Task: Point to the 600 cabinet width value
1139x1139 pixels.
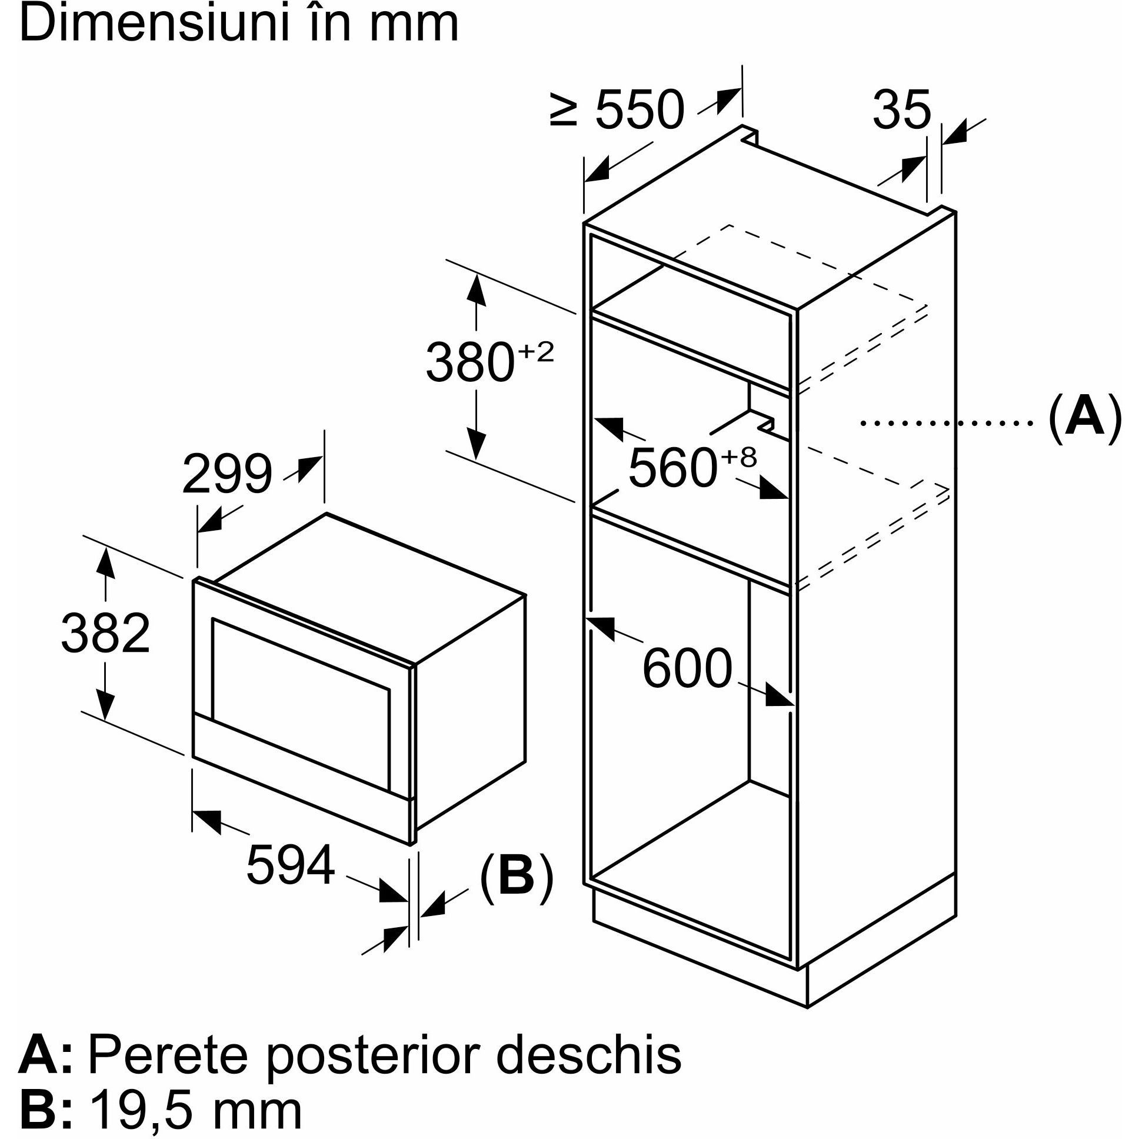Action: coord(687,668)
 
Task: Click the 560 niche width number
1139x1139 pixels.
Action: coord(672,468)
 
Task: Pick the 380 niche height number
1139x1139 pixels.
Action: coord(469,361)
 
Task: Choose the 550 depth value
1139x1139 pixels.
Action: coord(640,109)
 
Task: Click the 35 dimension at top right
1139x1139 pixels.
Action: coord(901,109)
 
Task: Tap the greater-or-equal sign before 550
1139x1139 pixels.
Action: coord(562,111)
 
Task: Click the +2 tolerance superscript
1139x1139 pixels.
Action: coord(536,352)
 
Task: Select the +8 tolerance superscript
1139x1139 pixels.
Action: coord(738,458)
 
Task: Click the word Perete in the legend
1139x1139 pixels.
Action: coord(168,1039)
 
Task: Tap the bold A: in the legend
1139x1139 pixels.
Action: coord(45,1039)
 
